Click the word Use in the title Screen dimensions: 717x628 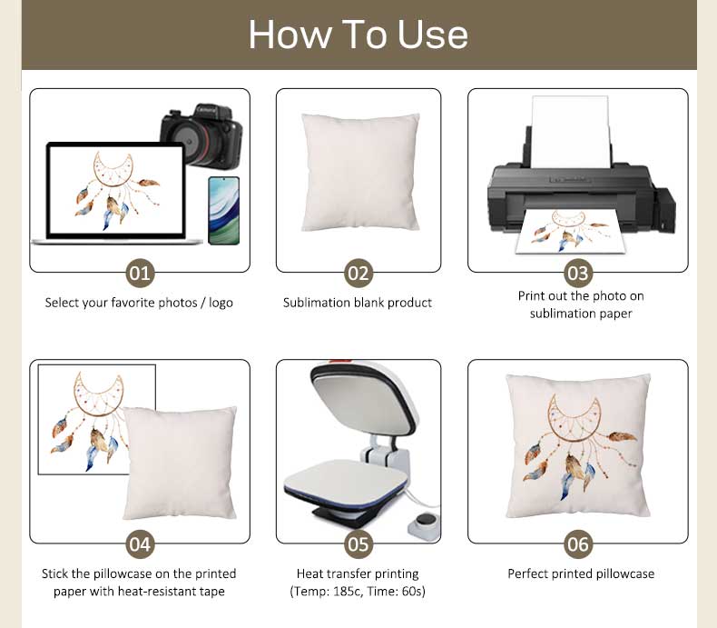click(433, 35)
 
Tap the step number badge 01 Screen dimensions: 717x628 click(140, 274)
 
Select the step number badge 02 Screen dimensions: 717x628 click(358, 274)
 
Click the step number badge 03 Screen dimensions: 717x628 click(577, 274)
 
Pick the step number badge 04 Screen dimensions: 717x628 click(140, 544)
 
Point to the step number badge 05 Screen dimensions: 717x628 click(358, 544)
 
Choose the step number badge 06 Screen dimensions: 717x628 click(577, 544)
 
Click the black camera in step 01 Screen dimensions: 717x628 click(201, 136)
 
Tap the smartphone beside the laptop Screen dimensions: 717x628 click(223, 211)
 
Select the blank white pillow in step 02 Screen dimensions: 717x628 click(360, 173)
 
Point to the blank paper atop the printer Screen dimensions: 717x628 click(571, 132)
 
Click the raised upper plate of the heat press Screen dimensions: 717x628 click(364, 404)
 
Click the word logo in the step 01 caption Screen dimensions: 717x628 click(221, 303)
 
